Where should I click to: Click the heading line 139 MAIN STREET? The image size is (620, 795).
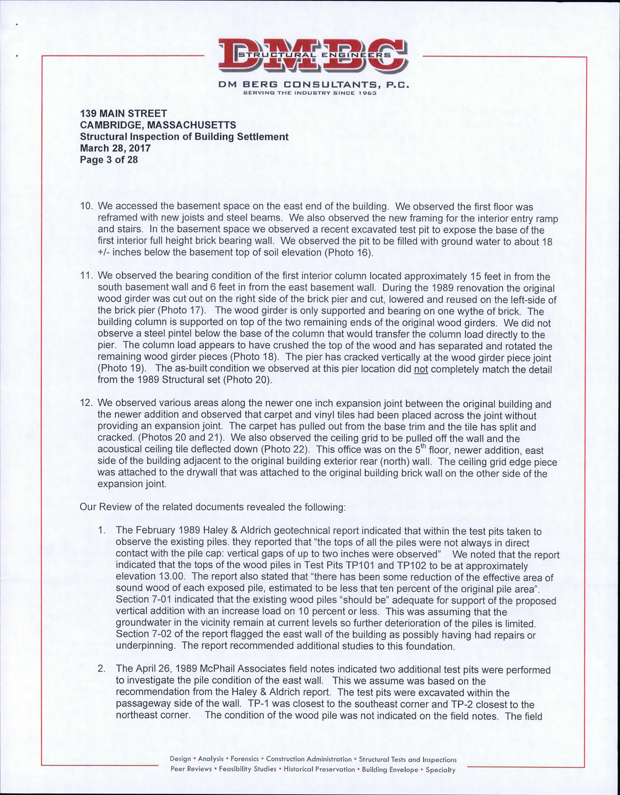tap(123, 113)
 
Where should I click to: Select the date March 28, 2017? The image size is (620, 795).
tap(115, 148)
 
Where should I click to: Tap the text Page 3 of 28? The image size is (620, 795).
tap(109, 160)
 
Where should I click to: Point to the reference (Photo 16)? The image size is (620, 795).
tap(346, 253)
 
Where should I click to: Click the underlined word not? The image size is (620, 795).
tap(421, 369)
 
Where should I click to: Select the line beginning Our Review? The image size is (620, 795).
tap(212, 507)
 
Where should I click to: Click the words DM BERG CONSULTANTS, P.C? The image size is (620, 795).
tap(312, 85)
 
